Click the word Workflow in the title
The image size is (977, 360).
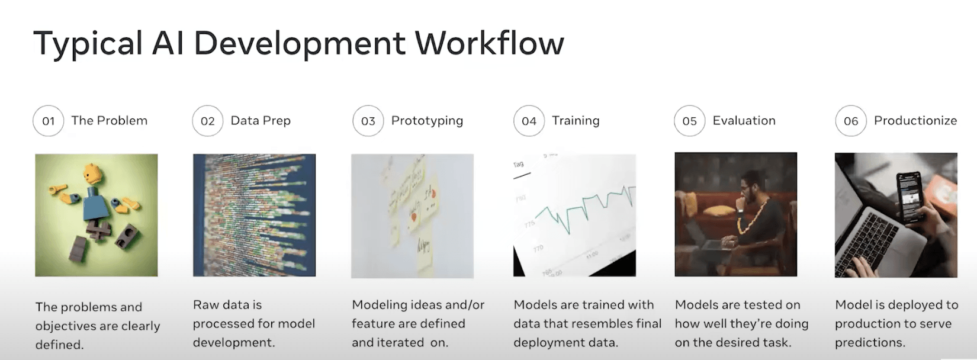tap(489, 43)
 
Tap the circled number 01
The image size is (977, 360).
tap(48, 121)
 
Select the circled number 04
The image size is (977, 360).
tap(529, 121)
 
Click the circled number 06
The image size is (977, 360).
tap(851, 121)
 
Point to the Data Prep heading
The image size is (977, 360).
tap(261, 121)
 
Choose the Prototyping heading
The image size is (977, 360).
tap(427, 121)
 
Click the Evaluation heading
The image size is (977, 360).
tap(744, 121)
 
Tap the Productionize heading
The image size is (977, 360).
tap(915, 121)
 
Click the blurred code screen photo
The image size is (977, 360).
tap(254, 215)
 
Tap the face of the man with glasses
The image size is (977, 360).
tap(748, 191)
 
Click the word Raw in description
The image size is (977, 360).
tap(205, 305)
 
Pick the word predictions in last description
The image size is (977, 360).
tap(870, 343)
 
